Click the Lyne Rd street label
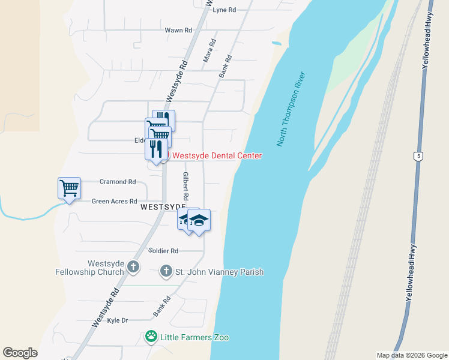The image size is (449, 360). [x=224, y=10]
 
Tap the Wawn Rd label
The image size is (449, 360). [x=178, y=30]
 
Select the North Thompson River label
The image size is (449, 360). [x=292, y=109]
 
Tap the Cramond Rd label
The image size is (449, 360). [x=118, y=182]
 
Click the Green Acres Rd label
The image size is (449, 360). [x=114, y=202]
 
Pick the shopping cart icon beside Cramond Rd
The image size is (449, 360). [x=69, y=188]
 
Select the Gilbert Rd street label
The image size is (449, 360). [x=186, y=186]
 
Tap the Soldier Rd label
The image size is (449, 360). [x=163, y=251]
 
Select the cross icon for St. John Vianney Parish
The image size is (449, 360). [x=166, y=272]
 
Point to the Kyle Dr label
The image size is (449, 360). [x=118, y=320]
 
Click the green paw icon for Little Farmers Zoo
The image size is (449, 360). [x=152, y=337]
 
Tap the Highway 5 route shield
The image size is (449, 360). [x=418, y=157]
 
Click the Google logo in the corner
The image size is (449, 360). [x=20, y=353]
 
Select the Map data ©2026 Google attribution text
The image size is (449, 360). [x=412, y=355]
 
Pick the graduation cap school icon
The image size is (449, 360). [x=199, y=221]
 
